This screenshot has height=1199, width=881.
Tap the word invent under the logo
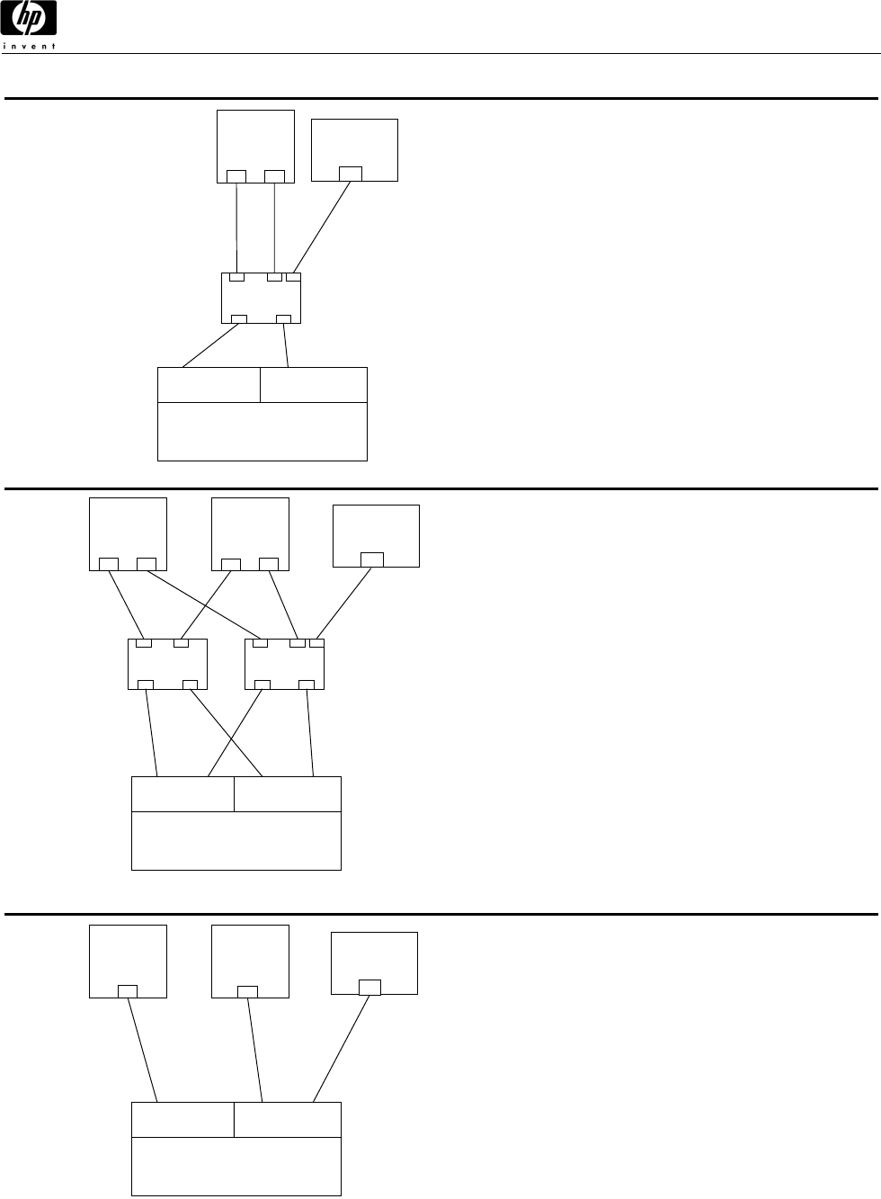click(x=30, y=46)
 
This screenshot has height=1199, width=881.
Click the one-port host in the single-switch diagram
click(x=354, y=144)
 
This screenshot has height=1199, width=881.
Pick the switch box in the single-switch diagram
click(x=261, y=298)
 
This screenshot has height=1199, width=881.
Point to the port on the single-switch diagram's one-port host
click(x=351, y=174)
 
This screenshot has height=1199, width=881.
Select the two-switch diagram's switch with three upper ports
click(x=284, y=664)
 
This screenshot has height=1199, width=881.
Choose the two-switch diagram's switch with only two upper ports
click(x=168, y=664)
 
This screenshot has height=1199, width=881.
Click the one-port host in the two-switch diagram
click(x=376, y=531)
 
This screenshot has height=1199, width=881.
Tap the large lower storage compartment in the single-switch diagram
click(x=263, y=431)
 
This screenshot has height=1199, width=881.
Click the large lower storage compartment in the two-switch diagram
click(x=236, y=840)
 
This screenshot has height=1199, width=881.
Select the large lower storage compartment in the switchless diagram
click(x=236, y=1166)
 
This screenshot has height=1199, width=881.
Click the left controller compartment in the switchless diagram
click(x=182, y=1120)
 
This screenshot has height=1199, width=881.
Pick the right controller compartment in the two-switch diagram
click(x=288, y=794)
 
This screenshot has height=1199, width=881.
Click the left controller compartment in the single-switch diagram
click(x=209, y=384)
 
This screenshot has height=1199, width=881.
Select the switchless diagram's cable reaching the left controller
click(x=143, y=1050)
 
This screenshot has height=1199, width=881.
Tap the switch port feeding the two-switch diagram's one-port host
click(x=316, y=642)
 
